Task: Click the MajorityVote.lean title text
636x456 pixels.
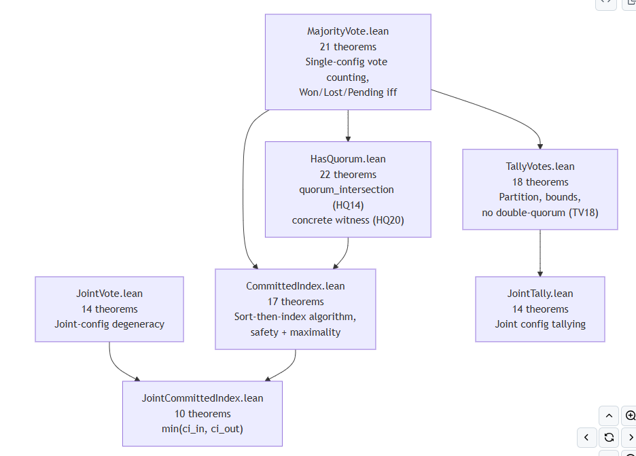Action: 348,31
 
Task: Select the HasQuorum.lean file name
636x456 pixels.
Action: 348,159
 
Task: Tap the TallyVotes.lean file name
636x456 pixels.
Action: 540,166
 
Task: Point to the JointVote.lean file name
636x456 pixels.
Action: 109,294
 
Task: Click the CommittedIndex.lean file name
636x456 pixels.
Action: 296,286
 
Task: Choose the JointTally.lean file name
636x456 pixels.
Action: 540,294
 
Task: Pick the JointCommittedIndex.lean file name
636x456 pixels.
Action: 202,398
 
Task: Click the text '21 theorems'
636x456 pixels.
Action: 348,47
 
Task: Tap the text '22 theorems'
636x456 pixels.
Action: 348,175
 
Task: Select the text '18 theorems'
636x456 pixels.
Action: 540,182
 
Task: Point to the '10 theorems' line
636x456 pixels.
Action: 202,414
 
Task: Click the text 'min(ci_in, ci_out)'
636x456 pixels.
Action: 202,429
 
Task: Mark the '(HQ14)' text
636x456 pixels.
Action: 348,205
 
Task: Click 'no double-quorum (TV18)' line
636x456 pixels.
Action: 540,212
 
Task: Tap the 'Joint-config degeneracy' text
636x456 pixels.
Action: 109,324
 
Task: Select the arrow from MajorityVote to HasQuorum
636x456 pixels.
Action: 348,126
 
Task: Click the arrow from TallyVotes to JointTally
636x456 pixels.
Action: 540,253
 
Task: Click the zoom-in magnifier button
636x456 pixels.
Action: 630,415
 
